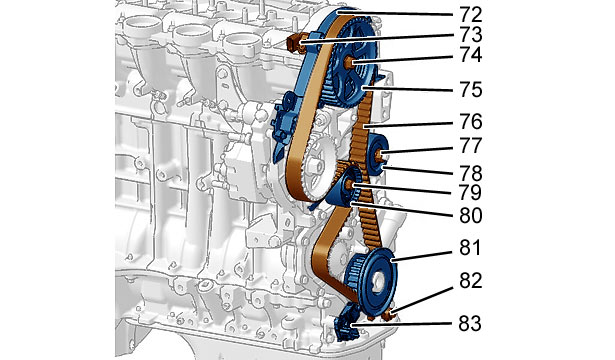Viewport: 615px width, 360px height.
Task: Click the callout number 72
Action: tap(468, 15)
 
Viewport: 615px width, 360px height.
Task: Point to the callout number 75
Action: tap(469, 90)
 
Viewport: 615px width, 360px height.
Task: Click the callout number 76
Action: tap(469, 122)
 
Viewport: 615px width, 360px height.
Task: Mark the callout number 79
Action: tap(469, 193)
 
